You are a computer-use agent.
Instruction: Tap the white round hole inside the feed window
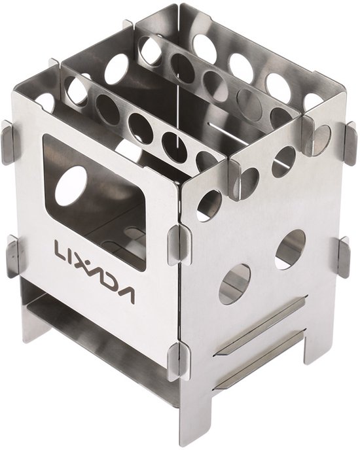pos(71,186)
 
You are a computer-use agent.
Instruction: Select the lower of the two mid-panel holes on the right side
pos(235,284)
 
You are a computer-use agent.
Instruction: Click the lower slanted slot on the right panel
pos(259,358)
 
